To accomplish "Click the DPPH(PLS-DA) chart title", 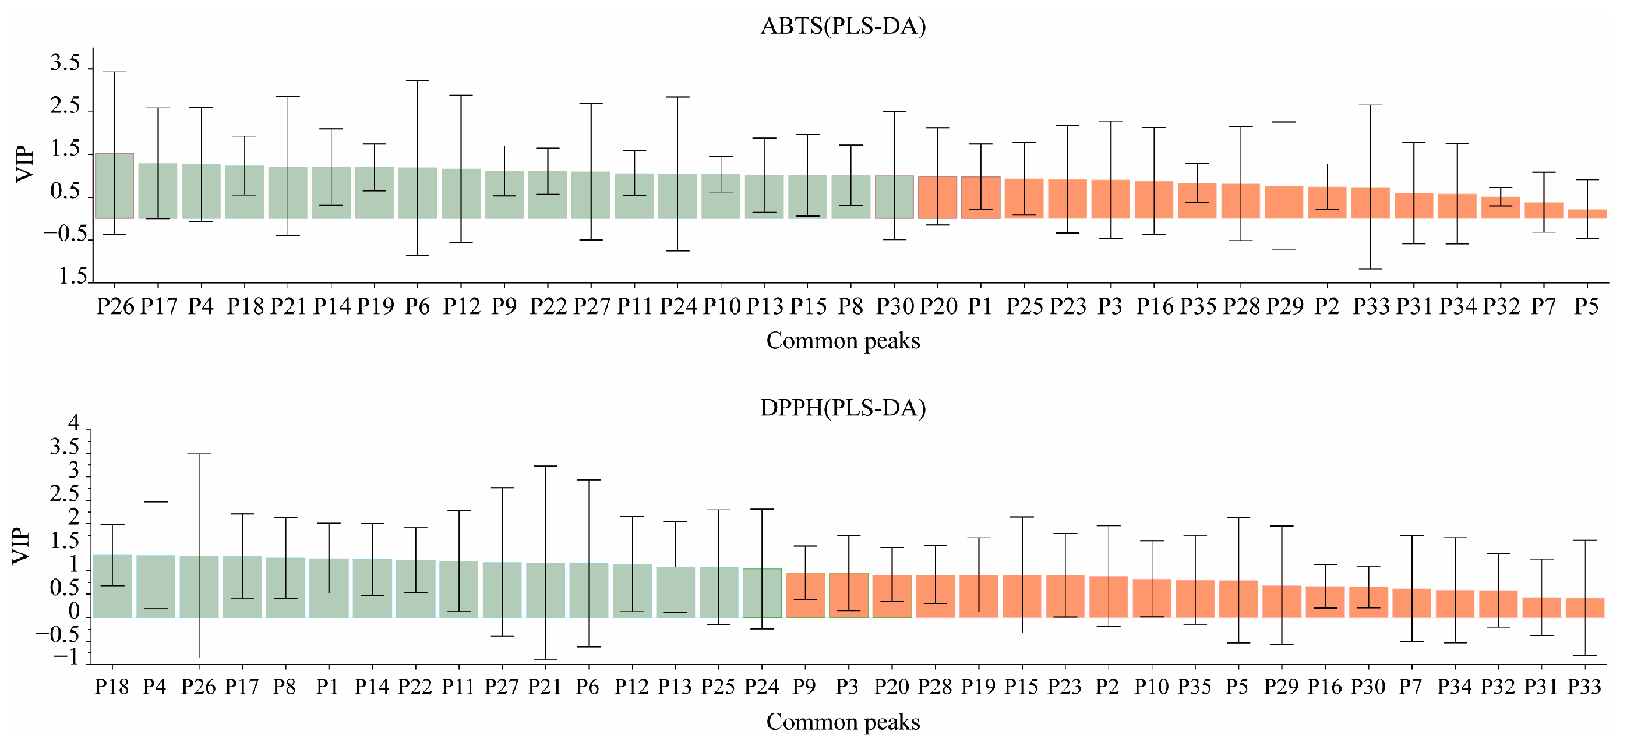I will click(x=842, y=408).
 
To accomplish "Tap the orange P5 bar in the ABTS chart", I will click(x=1586, y=214).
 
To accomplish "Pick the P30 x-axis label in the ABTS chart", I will click(x=894, y=307).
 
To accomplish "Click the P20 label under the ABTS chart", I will click(x=938, y=307).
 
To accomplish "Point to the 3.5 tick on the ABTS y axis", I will click(x=65, y=64).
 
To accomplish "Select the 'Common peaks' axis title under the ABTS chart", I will click(x=842, y=341).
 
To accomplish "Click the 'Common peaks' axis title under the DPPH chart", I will click(x=842, y=722).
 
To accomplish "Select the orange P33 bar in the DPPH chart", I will click(x=1584, y=607).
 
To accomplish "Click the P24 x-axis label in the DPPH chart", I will click(x=762, y=687).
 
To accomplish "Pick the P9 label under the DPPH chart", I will click(x=804, y=687).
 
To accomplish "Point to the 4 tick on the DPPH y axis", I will click(x=75, y=422).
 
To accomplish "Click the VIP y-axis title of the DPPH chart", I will click(x=22, y=546).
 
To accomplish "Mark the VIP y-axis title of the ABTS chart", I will click(x=25, y=164).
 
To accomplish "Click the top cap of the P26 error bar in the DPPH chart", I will click(x=199, y=454).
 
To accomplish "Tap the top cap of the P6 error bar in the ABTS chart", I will click(x=418, y=81).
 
